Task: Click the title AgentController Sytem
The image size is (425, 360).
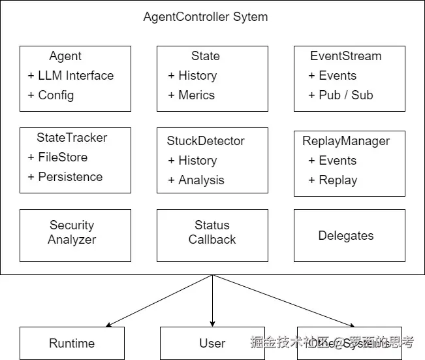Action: (x=205, y=17)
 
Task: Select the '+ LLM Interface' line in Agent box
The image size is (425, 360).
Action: (x=71, y=76)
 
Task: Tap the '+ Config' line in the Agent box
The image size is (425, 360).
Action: (x=51, y=95)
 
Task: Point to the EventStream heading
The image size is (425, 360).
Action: (x=345, y=56)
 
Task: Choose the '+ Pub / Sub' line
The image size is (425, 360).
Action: (x=341, y=95)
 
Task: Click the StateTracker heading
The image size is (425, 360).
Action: (x=72, y=138)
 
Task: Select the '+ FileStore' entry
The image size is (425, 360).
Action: (x=57, y=157)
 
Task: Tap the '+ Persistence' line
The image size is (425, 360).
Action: (x=65, y=177)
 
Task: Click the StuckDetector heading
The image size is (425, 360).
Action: (x=206, y=141)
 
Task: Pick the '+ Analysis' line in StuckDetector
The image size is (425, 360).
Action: (x=196, y=180)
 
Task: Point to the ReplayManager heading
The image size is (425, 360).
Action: (x=346, y=141)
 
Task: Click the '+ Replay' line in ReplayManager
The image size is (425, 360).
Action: (x=333, y=180)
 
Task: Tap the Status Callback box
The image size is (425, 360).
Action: (x=212, y=233)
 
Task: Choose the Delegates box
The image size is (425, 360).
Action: (x=346, y=236)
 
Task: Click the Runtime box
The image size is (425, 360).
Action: (x=72, y=344)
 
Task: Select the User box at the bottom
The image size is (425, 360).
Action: (x=212, y=344)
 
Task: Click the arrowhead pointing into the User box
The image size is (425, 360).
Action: (x=212, y=323)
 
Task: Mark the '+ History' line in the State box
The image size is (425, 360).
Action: (x=193, y=76)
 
